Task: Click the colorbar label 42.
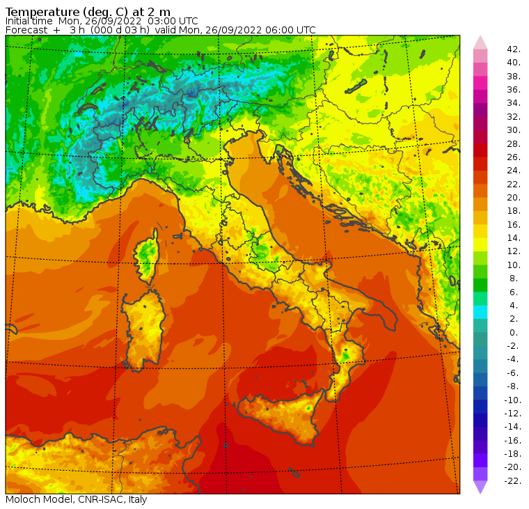(514, 49)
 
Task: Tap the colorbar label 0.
(514, 333)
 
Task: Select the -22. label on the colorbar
(513, 481)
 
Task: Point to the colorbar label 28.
(514, 144)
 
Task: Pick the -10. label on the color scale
(513, 400)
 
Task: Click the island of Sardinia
(144, 327)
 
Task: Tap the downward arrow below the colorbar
(480, 487)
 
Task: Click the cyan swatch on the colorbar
(480, 312)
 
